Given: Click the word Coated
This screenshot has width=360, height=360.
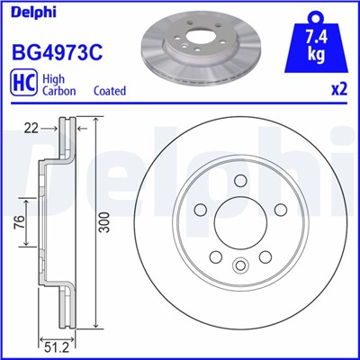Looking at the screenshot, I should (x=110, y=91).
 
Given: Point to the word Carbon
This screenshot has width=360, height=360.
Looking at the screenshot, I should (x=61, y=91).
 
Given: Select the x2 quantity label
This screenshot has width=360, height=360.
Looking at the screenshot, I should (x=339, y=91).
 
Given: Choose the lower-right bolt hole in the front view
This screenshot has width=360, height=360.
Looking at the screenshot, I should (x=265, y=257).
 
